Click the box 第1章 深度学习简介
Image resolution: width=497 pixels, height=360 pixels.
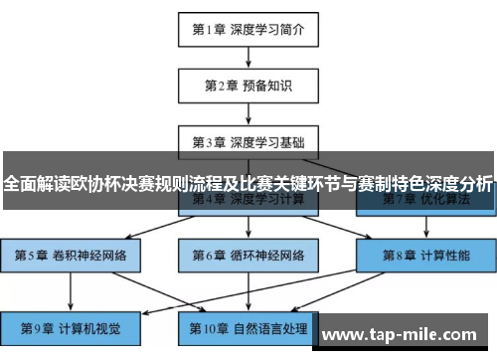pos(248,30)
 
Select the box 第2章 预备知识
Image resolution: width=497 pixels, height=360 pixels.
pos(248,86)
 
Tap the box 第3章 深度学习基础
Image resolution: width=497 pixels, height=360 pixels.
pos(248,142)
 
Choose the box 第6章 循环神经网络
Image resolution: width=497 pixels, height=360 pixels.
pos(248,255)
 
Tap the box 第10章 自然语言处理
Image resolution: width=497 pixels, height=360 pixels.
pos(248,327)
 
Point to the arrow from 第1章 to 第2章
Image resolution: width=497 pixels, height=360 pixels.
pos(248,58)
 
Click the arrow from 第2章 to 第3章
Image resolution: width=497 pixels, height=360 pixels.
pos(248,113)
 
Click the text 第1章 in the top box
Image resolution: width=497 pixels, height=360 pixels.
pos(210,30)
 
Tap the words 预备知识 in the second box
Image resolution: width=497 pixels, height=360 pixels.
pos(267,86)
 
